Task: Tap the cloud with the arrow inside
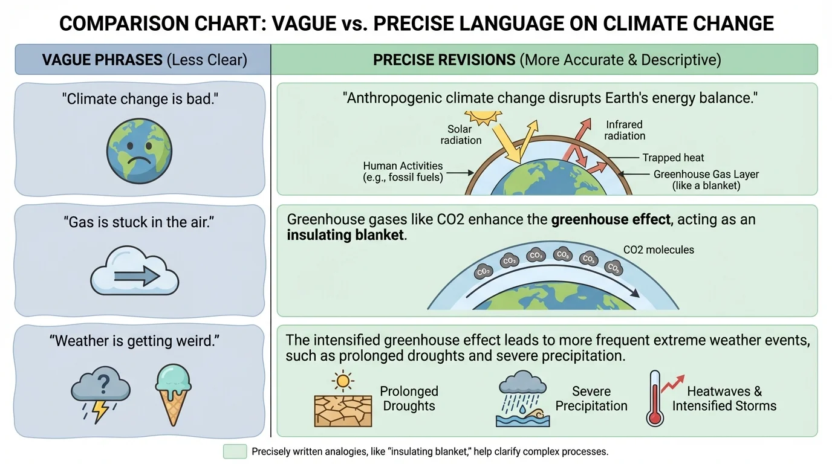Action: (134, 273)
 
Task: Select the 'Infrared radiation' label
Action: (625, 130)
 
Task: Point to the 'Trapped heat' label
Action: (673, 158)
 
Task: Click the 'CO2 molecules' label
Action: (658, 250)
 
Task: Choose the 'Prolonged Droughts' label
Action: (409, 398)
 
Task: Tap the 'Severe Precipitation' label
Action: (591, 398)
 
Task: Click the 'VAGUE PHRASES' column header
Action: (143, 60)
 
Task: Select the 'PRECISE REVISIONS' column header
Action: (547, 60)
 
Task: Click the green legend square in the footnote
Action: (235, 451)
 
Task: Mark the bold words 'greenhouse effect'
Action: (611, 219)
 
